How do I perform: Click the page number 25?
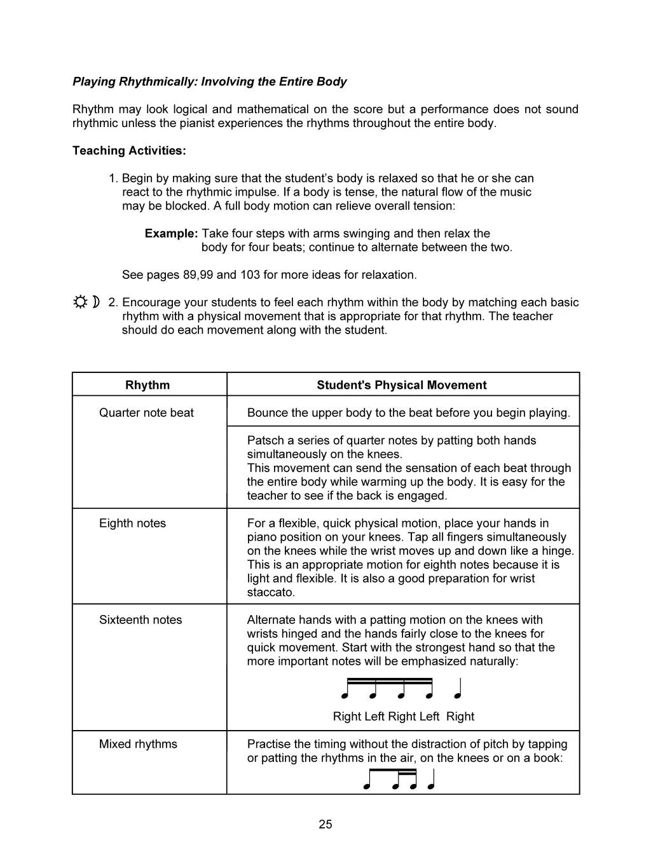point(325,825)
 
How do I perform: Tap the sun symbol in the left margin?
point(80,302)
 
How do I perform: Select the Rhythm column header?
point(147,385)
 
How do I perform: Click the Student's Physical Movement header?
point(402,385)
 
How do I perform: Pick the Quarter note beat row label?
point(146,413)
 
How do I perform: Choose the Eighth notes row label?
point(132,524)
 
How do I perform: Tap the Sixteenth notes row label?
point(140,620)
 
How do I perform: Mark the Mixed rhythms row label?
point(138,744)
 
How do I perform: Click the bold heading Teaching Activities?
point(129,151)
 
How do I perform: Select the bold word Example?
point(171,234)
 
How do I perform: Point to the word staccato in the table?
point(271,593)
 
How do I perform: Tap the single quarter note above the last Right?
point(458,689)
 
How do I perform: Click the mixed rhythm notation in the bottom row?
point(399,780)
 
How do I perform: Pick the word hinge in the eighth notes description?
point(557,551)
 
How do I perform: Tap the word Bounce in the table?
point(267,413)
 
